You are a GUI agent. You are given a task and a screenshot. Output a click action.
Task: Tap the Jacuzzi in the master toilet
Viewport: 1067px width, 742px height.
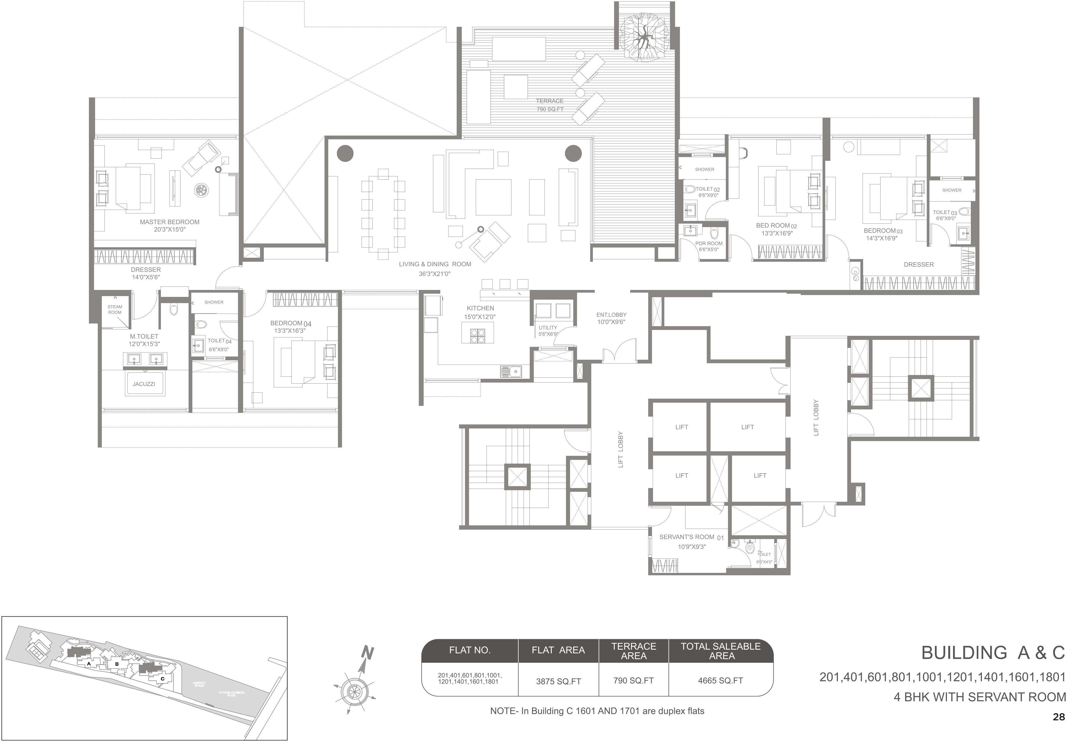click(x=144, y=384)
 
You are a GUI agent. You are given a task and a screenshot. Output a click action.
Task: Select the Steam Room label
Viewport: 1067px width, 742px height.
click(x=115, y=309)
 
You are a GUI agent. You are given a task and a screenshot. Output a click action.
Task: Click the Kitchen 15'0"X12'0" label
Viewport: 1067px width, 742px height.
click(x=480, y=312)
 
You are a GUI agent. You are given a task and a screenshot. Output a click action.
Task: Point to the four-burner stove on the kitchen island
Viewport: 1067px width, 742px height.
click(x=478, y=336)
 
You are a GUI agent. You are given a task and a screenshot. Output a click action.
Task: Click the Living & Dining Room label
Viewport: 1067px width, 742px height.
click(x=435, y=268)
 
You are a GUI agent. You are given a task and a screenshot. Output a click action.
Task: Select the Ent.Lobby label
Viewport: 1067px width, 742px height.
click(x=611, y=318)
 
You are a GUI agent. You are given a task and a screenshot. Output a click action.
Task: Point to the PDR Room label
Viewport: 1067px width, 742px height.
click(x=709, y=246)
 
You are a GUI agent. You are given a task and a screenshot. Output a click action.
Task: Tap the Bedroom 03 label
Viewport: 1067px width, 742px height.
click(x=882, y=234)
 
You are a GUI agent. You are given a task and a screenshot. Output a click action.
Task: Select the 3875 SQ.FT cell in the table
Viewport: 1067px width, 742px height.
click(x=558, y=681)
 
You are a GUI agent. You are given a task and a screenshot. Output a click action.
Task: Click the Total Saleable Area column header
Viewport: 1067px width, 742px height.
click(x=720, y=650)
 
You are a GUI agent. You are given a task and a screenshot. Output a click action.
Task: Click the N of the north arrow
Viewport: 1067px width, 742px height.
click(x=367, y=653)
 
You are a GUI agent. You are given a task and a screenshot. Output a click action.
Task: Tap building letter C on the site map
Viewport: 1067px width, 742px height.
click(x=163, y=678)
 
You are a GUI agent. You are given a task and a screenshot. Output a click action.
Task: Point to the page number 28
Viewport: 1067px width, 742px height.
click(x=1058, y=717)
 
